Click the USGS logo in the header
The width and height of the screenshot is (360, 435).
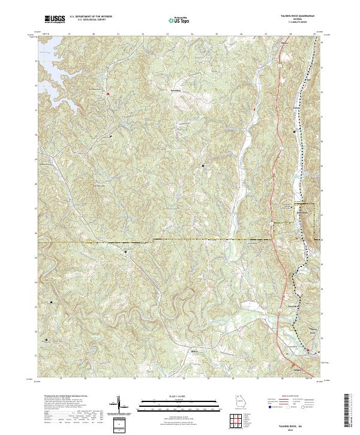[55, 19]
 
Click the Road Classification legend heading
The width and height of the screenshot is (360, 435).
[290, 396]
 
